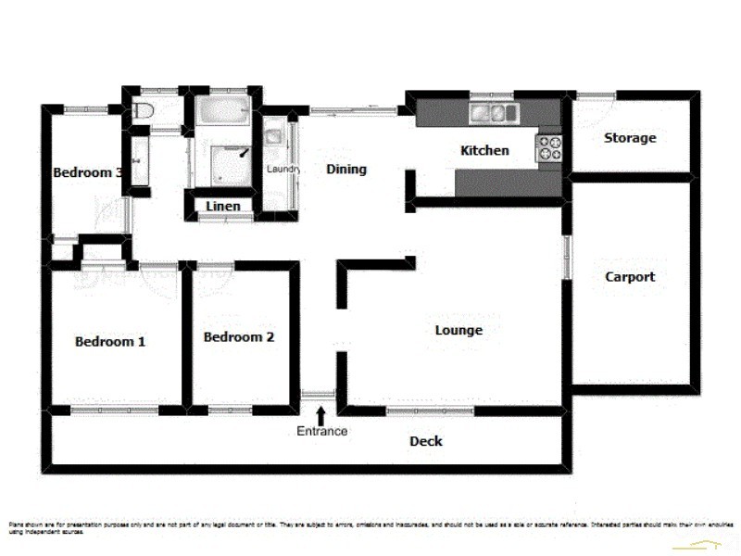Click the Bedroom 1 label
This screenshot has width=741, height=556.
click(x=110, y=341)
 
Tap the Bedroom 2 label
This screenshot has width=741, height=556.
click(x=239, y=337)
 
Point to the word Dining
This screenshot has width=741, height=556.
click(x=346, y=170)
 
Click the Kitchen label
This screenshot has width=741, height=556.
click(x=484, y=150)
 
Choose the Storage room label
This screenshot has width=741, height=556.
click(x=630, y=138)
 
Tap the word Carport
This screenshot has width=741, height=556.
click(x=630, y=276)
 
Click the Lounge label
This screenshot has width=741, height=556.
click(x=458, y=330)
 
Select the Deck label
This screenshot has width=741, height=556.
click(x=426, y=441)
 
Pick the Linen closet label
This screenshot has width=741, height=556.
click(x=223, y=206)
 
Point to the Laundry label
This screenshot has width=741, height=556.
click(x=282, y=170)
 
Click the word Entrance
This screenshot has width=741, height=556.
click(x=322, y=431)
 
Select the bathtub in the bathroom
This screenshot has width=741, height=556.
click(x=223, y=114)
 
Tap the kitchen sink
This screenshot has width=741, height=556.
click(x=492, y=114)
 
